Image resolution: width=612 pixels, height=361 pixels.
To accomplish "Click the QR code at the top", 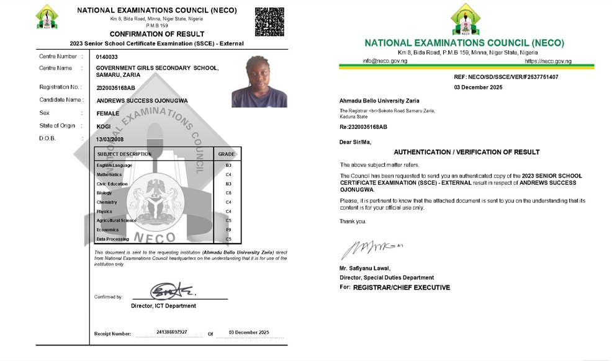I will pyautogui.click(x=269, y=22).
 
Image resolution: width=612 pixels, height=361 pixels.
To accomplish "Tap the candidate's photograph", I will pyautogui.click(x=259, y=81).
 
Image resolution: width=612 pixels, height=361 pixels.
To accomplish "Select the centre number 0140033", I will pyautogui.click(x=107, y=57).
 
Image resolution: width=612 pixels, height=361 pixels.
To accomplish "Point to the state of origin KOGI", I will pyautogui.click(x=104, y=127).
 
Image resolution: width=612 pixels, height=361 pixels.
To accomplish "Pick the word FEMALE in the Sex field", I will pyautogui.click(x=108, y=114).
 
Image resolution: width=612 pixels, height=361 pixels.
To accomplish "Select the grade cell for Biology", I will pyautogui.click(x=228, y=193).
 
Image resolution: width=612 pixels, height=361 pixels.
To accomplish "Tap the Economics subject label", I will pyautogui.click(x=108, y=230).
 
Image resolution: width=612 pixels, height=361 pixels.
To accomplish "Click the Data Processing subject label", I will pyautogui.click(x=112, y=239).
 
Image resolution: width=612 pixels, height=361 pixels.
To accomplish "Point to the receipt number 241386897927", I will pyautogui.click(x=168, y=332).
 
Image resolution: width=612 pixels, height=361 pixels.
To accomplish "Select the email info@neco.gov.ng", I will pyautogui.click(x=385, y=61).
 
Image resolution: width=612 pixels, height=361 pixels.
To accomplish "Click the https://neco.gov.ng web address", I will pyautogui.click(x=548, y=61).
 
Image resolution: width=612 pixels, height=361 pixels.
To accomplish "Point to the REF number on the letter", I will pyautogui.click(x=506, y=77).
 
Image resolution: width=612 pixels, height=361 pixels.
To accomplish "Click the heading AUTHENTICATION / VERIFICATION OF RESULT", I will pyautogui.click(x=467, y=152).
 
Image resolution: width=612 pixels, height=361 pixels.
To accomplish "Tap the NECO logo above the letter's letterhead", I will pyautogui.click(x=464, y=19).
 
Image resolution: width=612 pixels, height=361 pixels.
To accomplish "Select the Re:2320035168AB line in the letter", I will pyautogui.click(x=363, y=127).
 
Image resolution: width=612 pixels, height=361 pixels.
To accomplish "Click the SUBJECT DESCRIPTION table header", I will pyautogui.click(x=124, y=154).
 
